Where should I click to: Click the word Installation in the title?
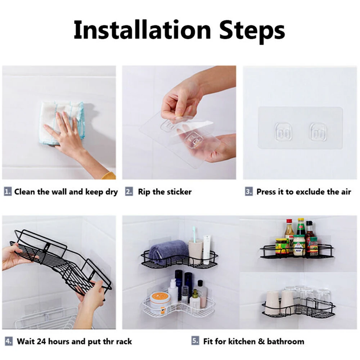142,30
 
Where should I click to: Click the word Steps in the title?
252,31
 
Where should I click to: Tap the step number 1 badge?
8,192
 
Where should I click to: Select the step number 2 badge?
129,192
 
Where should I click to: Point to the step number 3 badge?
249,192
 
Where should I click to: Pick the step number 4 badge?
9,341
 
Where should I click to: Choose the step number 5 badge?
195,341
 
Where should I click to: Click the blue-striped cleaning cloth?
62,123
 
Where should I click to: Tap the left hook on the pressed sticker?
283,131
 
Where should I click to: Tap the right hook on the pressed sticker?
318,131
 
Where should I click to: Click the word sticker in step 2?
179,192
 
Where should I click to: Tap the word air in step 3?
346,192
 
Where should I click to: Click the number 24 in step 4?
41,341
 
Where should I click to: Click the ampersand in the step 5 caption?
261,341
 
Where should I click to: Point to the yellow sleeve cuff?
109,176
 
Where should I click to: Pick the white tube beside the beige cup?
207,249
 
